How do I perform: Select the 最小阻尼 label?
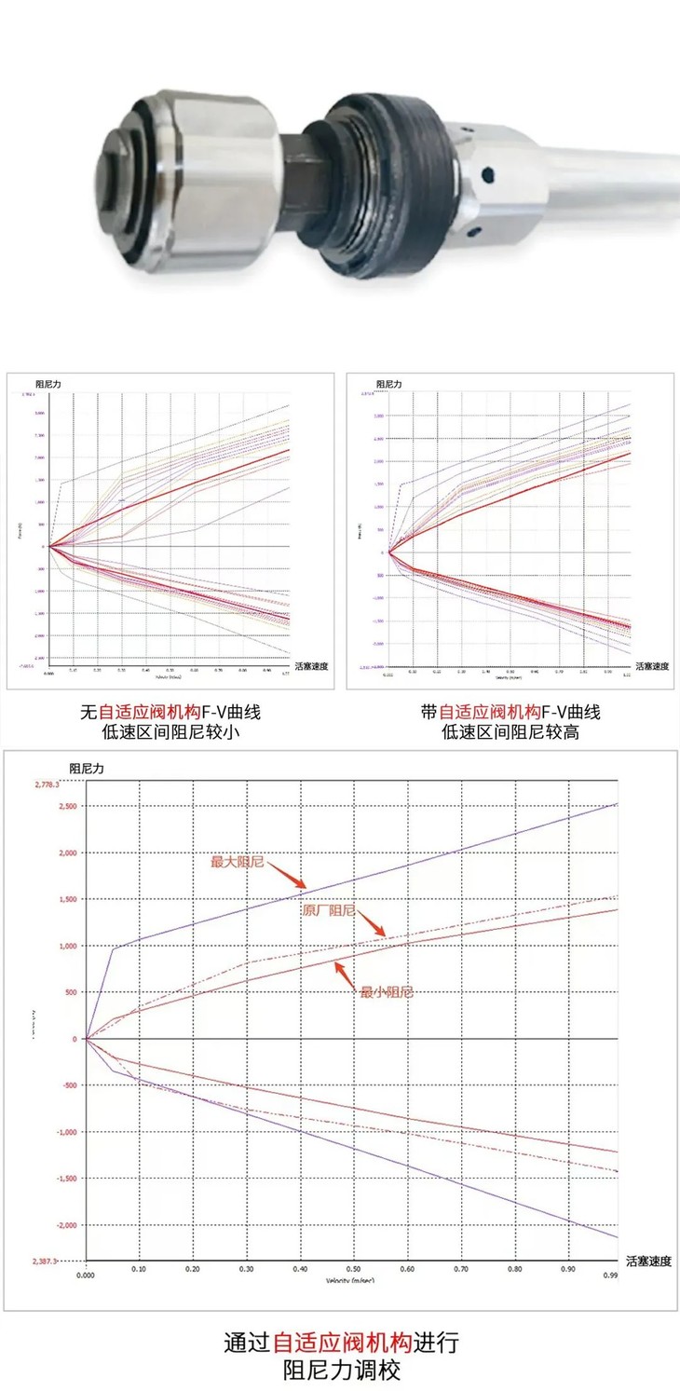[x=386, y=992]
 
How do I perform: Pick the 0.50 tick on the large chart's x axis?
[x=355, y=1269]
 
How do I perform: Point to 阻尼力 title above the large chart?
[x=87, y=769]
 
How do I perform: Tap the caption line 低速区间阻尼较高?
[x=510, y=732]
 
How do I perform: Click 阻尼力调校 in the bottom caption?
[x=342, y=1371]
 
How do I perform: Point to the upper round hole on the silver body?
[x=485, y=173]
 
